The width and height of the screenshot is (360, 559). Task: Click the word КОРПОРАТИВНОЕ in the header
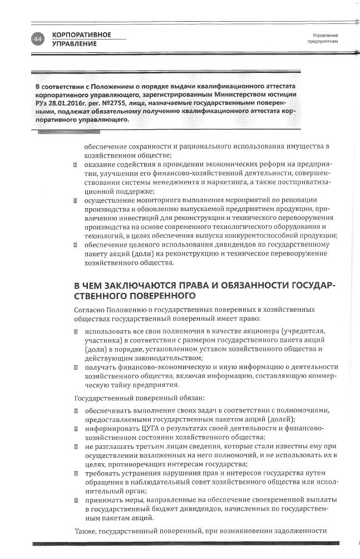tap(81, 35)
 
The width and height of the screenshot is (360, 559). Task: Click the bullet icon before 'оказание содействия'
tap(75, 165)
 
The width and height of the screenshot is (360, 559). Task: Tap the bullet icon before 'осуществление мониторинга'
tap(75, 199)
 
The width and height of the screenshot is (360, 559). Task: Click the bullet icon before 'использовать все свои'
tap(75, 332)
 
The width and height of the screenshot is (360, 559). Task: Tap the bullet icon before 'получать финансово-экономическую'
tap(75, 367)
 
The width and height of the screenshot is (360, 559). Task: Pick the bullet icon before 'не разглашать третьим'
tap(75, 447)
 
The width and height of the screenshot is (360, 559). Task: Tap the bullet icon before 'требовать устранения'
tap(75, 473)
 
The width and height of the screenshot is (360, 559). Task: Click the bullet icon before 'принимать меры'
tap(75, 500)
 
